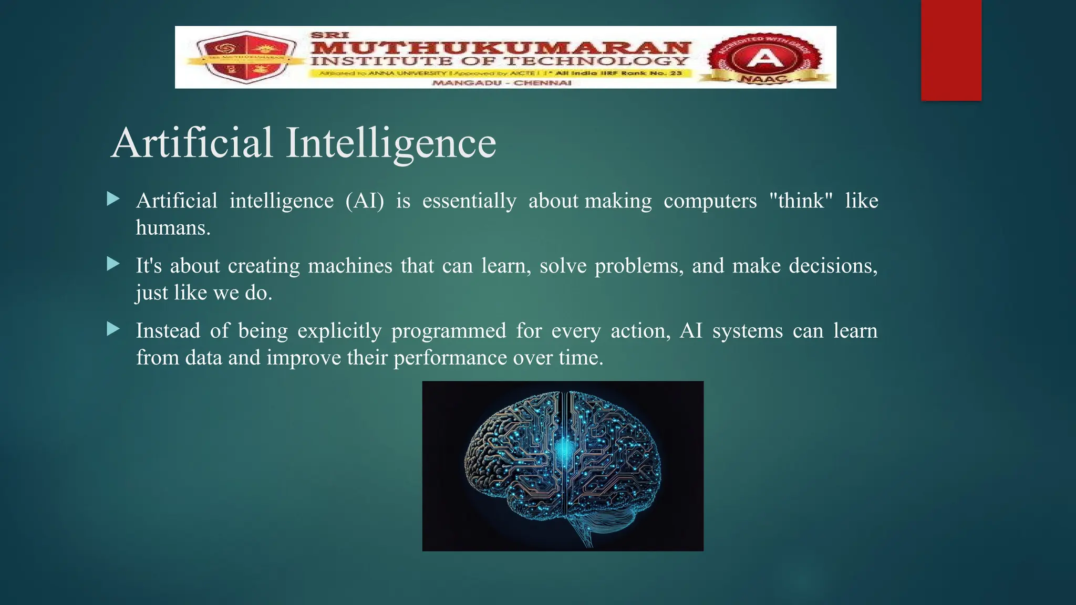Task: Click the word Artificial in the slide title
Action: coord(192,143)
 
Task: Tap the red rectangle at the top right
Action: coord(951,50)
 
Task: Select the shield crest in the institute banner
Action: coord(245,58)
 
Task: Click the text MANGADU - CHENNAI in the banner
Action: coord(501,83)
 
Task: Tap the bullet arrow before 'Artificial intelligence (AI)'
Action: coord(113,199)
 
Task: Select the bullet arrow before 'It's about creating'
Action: coord(113,264)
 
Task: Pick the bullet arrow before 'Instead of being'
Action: coord(113,329)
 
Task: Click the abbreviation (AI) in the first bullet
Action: coord(365,201)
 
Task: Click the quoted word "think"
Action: coord(801,201)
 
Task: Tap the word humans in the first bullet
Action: coord(172,228)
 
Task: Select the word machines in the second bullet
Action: coord(350,266)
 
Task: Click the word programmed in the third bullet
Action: coord(448,331)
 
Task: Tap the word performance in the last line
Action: coord(450,358)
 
